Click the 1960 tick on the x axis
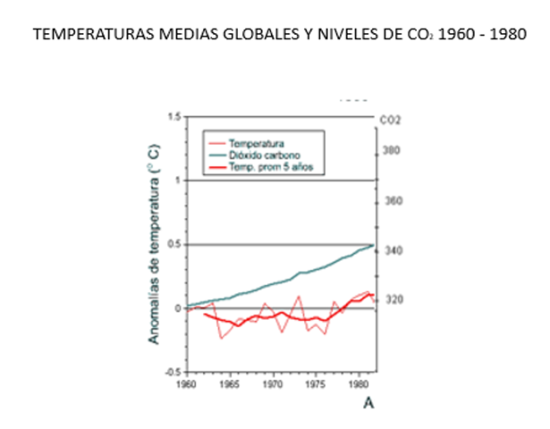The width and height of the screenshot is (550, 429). pyautogui.click(x=186, y=384)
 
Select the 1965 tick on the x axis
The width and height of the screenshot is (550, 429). pyautogui.click(x=230, y=384)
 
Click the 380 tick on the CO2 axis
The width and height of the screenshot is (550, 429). pyautogui.click(x=392, y=151)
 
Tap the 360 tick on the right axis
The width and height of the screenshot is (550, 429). pyautogui.click(x=392, y=201)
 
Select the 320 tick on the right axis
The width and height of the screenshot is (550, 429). pyautogui.click(x=392, y=300)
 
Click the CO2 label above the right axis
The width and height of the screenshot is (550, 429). pyautogui.click(x=390, y=119)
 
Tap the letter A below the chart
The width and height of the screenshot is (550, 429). pyautogui.click(x=367, y=404)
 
